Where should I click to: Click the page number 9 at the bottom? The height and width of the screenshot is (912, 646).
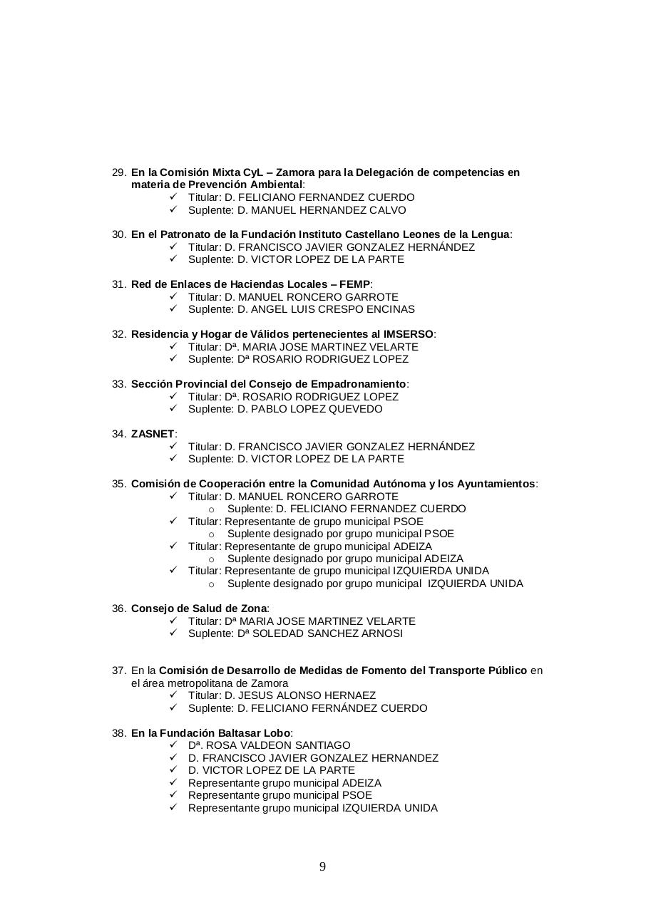[x=322, y=866]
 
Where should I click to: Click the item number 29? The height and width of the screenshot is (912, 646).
[x=118, y=172]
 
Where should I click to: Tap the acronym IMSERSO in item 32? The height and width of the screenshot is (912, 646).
[x=409, y=334]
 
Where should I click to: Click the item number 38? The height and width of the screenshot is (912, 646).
[x=118, y=733]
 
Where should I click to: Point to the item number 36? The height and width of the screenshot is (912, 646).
[x=118, y=608]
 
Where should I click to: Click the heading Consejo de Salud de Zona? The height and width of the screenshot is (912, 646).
[x=198, y=608]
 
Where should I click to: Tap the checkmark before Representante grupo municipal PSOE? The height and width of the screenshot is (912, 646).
[x=173, y=795]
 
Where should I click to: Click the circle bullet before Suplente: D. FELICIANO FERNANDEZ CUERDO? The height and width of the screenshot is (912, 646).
[x=211, y=509]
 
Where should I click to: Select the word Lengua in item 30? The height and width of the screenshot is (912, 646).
[x=493, y=234]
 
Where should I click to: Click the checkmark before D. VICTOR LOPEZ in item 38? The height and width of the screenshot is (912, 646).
[x=173, y=770]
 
